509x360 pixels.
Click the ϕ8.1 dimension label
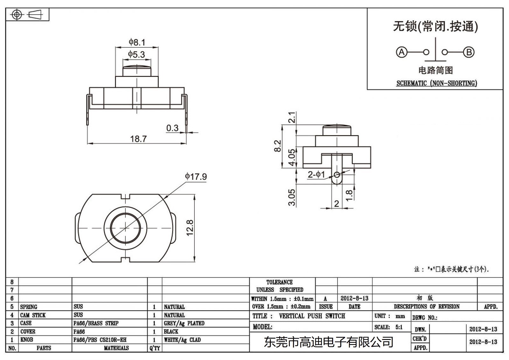click(137, 42)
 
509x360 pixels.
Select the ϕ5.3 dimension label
click(136, 54)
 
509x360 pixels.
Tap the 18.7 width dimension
click(138, 139)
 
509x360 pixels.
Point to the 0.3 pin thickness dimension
click(172, 128)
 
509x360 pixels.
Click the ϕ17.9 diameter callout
click(196, 176)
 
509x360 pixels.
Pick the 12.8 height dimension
click(190, 228)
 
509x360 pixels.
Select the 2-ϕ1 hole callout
click(316, 174)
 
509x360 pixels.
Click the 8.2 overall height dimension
click(278, 146)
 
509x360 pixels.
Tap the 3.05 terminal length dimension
click(292, 197)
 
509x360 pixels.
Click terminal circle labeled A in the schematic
click(401, 52)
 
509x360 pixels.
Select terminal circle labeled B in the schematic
click(469, 52)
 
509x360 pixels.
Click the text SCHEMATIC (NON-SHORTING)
click(436, 83)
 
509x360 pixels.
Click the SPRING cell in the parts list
click(29, 307)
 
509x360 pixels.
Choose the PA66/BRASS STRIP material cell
click(96, 323)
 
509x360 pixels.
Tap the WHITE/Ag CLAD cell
click(182, 340)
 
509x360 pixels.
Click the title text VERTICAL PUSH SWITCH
click(312, 316)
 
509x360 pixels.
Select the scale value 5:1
click(399, 327)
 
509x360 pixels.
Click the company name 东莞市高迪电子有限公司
click(329, 342)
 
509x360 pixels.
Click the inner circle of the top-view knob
click(126, 228)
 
